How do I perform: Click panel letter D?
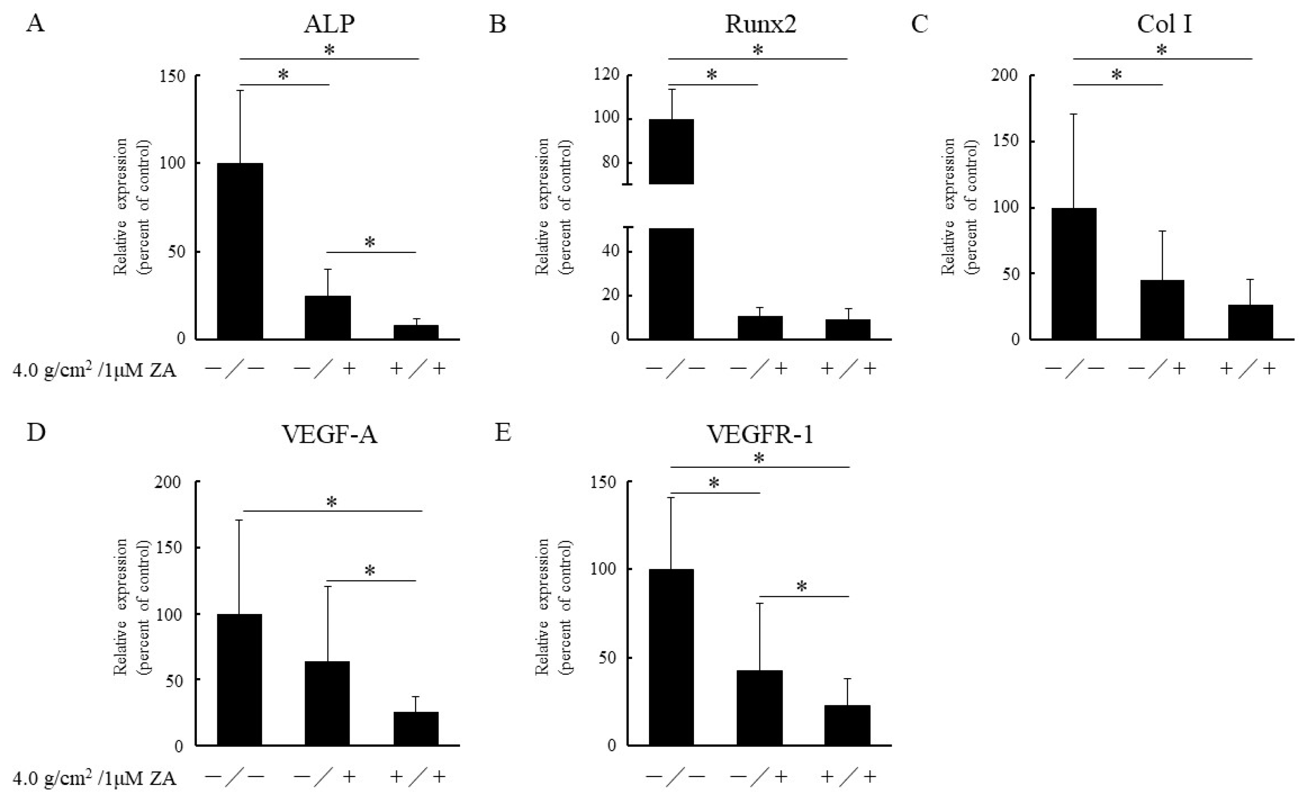click(x=36, y=433)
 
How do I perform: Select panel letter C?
click(x=919, y=24)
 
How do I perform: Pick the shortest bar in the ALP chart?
click(x=415, y=332)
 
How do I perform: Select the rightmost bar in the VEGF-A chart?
click(x=415, y=729)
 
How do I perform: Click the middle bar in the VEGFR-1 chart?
click(x=759, y=708)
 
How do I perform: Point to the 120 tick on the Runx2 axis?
click(x=607, y=75)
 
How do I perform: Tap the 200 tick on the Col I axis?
click(x=1004, y=76)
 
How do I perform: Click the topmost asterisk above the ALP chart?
click(x=330, y=50)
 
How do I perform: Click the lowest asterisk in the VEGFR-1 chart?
click(x=802, y=587)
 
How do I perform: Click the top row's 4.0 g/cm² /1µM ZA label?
click(x=94, y=370)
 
